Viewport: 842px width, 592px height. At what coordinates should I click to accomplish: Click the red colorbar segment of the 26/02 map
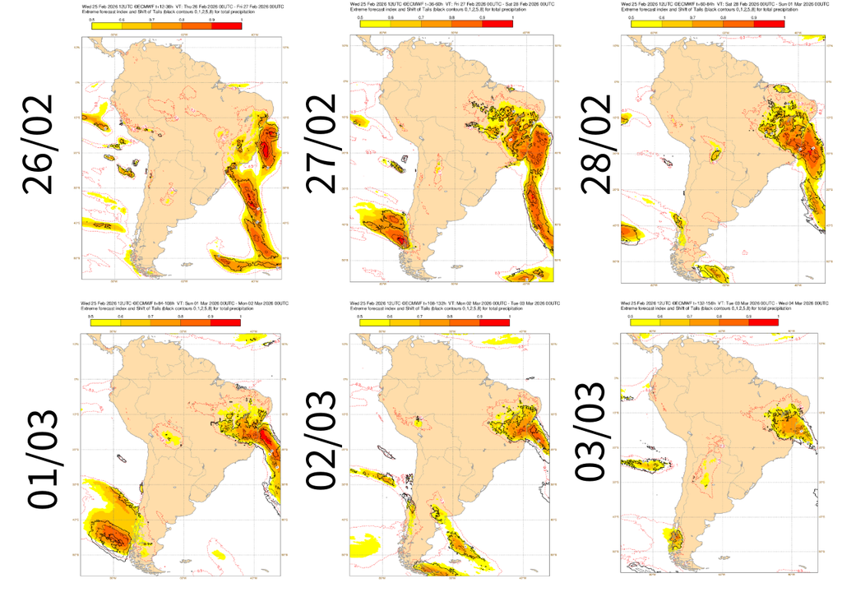click(x=227, y=26)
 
